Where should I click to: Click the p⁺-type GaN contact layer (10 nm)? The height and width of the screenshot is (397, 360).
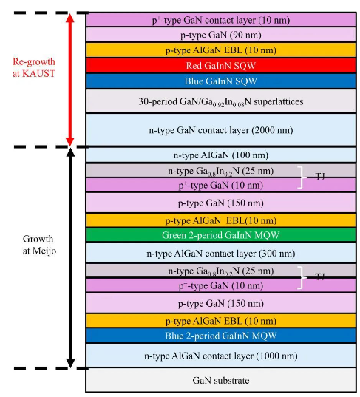tap(221, 20)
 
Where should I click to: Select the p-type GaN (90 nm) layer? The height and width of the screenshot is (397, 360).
tap(221, 35)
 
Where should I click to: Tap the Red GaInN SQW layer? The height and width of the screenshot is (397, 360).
tap(221, 66)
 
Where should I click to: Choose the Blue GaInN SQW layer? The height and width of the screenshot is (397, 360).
tap(221, 81)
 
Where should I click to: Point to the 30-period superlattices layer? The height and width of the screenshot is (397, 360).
tap(221, 101)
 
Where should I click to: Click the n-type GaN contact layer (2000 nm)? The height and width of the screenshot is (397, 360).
tap(221, 130)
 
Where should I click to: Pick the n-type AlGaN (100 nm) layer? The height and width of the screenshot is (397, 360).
tap(221, 155)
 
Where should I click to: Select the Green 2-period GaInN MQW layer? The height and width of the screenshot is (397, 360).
tap(221, 235)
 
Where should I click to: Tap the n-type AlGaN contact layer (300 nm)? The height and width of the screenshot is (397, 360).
tap(221, 253)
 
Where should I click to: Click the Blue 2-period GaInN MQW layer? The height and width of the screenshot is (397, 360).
tap(221, 336)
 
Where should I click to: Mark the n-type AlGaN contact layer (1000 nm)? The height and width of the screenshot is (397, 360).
tap(221, 356)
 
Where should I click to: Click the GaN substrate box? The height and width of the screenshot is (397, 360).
tap(221, 380)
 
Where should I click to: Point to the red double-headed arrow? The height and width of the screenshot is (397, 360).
tap(70, 80)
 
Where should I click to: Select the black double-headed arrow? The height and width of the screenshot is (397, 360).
tap(71, 258)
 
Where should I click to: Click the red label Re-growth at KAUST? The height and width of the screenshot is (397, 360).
tap(34, 67)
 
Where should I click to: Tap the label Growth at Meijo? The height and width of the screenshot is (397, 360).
tap(39, 245)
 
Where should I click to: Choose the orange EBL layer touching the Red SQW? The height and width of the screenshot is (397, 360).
tap(221, 50)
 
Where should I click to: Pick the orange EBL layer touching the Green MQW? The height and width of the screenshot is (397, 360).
tap(221, 220)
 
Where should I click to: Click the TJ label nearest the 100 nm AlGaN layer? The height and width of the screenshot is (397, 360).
tap(320, 176)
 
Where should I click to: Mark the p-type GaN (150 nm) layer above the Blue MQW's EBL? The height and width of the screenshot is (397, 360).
tap(221, 303)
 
